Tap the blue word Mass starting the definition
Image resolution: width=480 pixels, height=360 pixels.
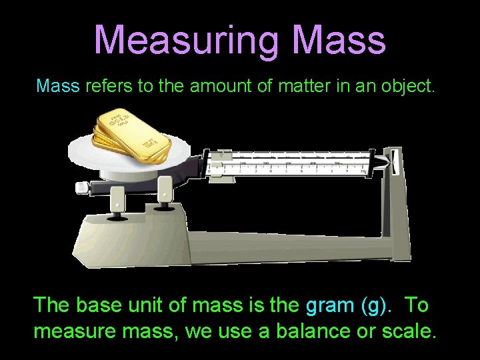click(58, 85)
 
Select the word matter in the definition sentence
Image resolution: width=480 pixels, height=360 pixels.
click(299, 85)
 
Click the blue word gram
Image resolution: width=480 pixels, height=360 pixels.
click(329, 306)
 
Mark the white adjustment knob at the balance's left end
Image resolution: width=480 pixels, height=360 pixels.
click(82, 187)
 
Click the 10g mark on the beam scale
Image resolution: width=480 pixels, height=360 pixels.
click(363, 171)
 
